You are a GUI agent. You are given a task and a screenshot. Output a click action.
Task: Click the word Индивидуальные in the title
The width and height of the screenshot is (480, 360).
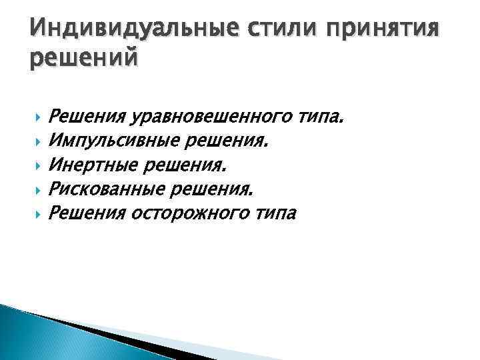tap(131, 29)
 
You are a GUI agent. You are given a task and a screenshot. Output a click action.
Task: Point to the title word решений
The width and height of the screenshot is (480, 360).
tap(83, 59)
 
